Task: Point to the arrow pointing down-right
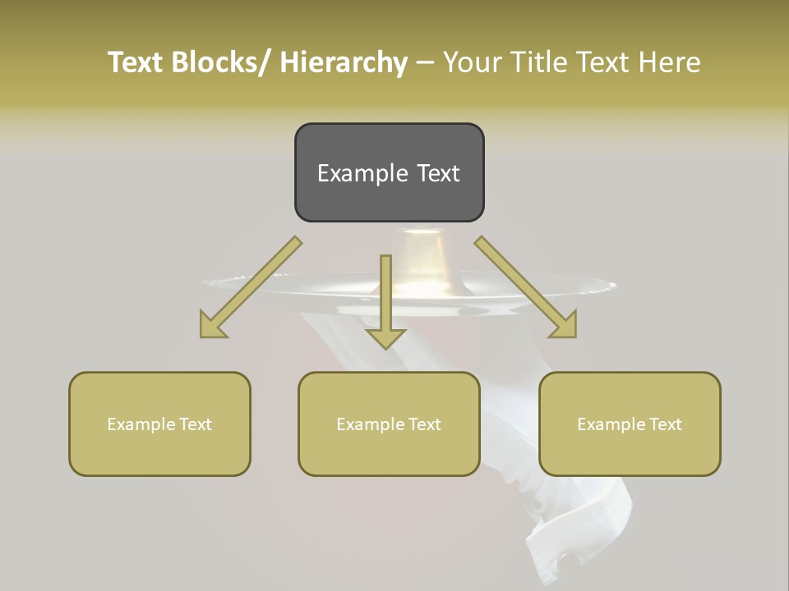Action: (x=526, y=287)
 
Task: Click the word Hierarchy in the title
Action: (x=344, y=62)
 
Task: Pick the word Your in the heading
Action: (x=471, y=62)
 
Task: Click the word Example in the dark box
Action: (x=362, y=174)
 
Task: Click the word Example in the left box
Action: (x=137, y=424)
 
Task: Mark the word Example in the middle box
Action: (x=367, y=424)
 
